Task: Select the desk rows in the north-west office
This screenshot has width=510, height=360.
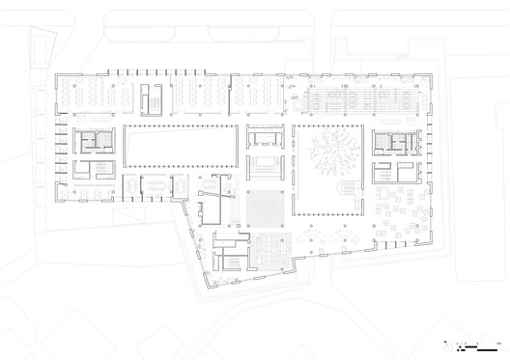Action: coord(97,97)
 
